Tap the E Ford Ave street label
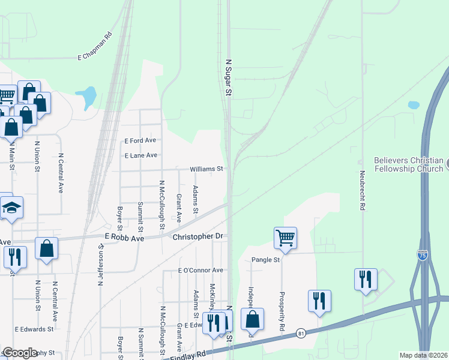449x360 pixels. click(x=140, y=140)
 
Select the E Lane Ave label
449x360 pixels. click(x=140, y=155)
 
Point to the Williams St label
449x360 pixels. click(x=206, y=170)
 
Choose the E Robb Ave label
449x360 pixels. click(x=124, y=238)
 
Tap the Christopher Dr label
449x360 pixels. click(x=197, y=237)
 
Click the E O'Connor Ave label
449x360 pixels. click(x=200, y=271)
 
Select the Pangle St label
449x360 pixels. click(x=266, y=260)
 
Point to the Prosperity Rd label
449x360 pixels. click(x=280, y=313)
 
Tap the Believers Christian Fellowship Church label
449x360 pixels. click(x=408, y=164)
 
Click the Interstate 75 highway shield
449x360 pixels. click(x=423, y=256)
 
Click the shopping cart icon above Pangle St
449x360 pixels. click(x=285, y=238)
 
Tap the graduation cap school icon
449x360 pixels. click(x=11, y=208)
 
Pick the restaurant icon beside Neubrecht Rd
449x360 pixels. click(x=365, y=280)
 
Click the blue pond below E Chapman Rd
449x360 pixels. click(x=87, y=95)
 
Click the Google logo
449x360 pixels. click(x=19, y=353)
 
